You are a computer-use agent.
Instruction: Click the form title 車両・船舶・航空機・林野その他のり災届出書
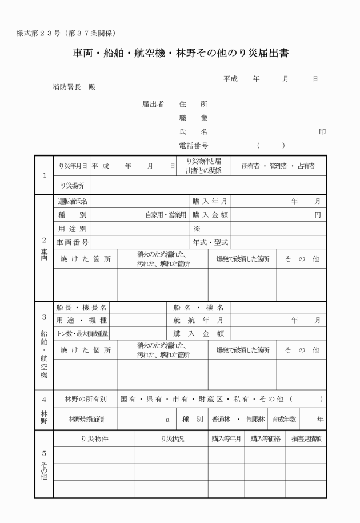180,54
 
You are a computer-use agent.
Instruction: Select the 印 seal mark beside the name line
322,131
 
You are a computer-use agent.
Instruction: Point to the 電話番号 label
194,146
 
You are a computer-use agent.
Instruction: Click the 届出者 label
153,105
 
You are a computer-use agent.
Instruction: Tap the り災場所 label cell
72,185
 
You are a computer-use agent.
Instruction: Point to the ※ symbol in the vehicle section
197,229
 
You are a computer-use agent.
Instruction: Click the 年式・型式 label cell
210,242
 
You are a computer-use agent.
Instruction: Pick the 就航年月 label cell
198,320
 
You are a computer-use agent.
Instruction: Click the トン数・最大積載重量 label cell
82,333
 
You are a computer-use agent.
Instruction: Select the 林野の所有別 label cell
85,398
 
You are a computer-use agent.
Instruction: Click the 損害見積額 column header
306,439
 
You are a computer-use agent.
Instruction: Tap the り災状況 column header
171,439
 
